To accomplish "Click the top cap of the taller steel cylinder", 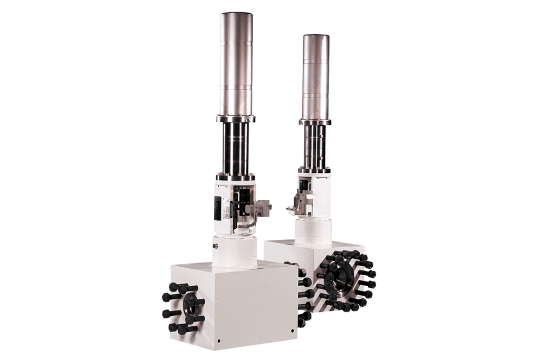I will (x=236, y=15).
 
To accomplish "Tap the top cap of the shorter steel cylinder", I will (x=316, y=37).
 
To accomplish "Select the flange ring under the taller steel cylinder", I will (x=236, y=119).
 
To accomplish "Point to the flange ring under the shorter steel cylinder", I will (x=315, y=122).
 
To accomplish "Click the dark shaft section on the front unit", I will (x=236, y=148).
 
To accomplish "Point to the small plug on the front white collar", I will (x=215, y=245).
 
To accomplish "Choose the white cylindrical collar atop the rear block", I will (x=313, y=232).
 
